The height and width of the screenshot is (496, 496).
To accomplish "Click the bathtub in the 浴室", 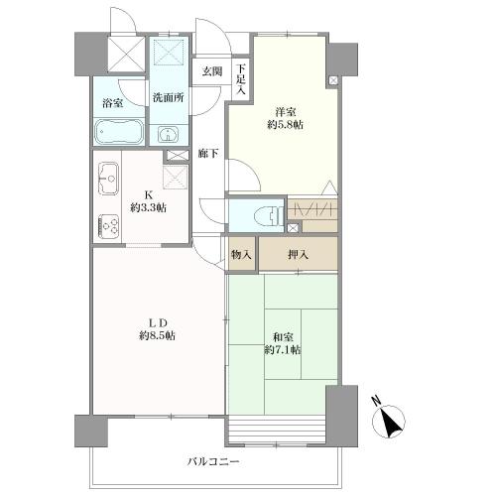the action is click(x=119, y=132).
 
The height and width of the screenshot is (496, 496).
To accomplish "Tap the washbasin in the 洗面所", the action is click(x=168, y=134).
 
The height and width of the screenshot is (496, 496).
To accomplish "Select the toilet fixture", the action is click(x=268, y=216).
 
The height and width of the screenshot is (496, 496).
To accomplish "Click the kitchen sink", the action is click(x=108, y=179).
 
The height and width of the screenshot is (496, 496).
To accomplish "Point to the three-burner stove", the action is click(x=108, y=226).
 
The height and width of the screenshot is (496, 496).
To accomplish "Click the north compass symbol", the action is click(x=388, y=420).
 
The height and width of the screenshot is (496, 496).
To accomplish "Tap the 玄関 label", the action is click(x=212, y=71).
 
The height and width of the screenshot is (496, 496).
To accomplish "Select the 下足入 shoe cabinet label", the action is click(x=241, y=79).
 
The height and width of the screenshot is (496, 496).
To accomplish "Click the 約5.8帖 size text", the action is click(x=285, y=125).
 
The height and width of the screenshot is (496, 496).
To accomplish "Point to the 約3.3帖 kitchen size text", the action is click(x=148, y=208).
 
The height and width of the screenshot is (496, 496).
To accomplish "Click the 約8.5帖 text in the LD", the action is click(x=157, y=335).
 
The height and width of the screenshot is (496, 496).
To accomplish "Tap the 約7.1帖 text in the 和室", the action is click(x=283, y=349).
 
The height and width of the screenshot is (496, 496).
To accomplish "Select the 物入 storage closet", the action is click(x=242, y=254).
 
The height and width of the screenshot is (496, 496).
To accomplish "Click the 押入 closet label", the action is click(x=298, y=254).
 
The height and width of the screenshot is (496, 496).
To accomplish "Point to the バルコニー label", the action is click(x=213, y=461).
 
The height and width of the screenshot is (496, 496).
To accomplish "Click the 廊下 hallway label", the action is click(x=208, y=153).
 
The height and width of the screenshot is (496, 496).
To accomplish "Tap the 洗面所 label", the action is click(x=168, y=98).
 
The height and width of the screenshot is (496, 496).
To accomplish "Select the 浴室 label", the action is click(x=113, y=103).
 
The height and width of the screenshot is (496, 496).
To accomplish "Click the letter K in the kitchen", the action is click(x=148, y=194).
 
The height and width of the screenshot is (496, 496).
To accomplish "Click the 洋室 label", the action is click(x=285, y=112).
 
